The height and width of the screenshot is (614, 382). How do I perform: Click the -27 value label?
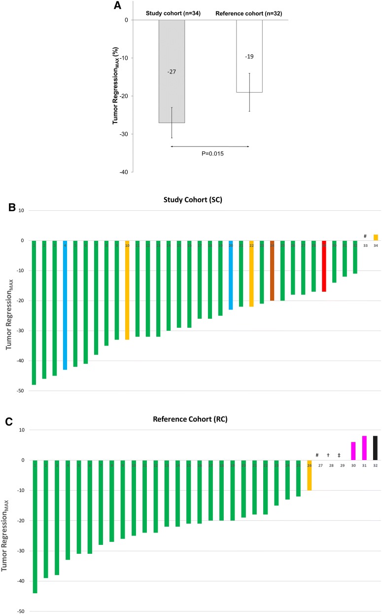[172, 72]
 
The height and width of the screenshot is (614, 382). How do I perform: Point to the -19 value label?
[249, 57]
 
